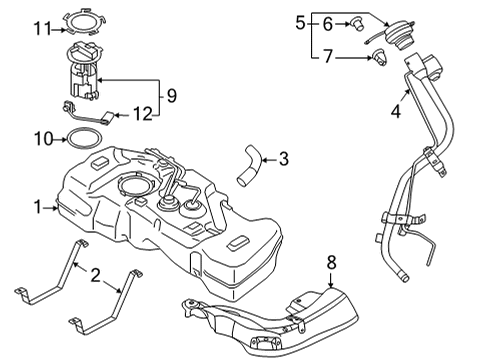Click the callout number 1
[37, 208]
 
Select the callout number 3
[284, 158]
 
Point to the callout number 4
[396, 113]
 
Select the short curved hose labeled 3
[249, 164]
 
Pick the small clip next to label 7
[380, 60]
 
